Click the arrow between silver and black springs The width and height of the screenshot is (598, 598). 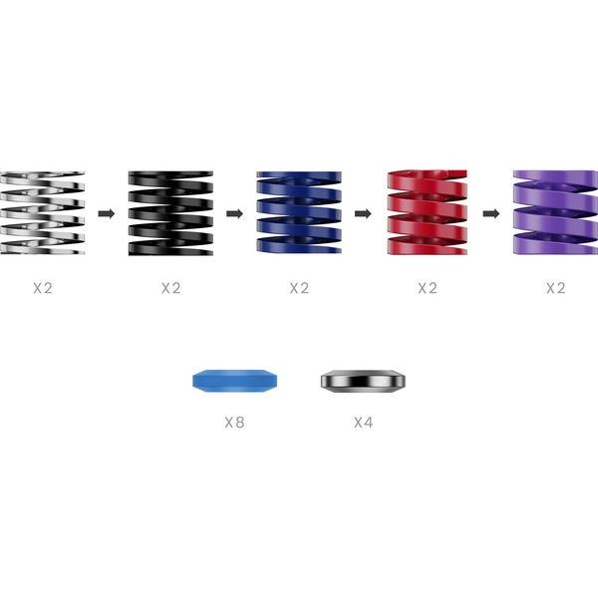point(107,213)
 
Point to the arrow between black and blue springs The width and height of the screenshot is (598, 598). point(234,213)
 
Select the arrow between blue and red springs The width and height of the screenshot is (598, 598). point(363,213)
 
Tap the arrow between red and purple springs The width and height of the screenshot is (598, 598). point(491,213)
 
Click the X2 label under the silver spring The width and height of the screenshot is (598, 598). point(43,288)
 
